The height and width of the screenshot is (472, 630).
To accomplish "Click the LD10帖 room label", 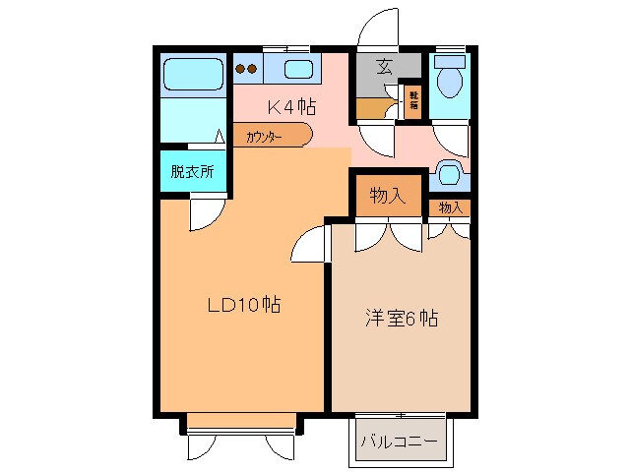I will click(243, 305).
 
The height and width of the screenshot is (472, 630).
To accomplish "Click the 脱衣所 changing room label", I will click(192, 171).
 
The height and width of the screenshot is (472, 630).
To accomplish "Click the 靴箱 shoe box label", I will click(413, 101).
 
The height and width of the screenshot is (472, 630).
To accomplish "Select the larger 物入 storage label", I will click(387, 196).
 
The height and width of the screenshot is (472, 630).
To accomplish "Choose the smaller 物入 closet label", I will click(450, 207).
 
